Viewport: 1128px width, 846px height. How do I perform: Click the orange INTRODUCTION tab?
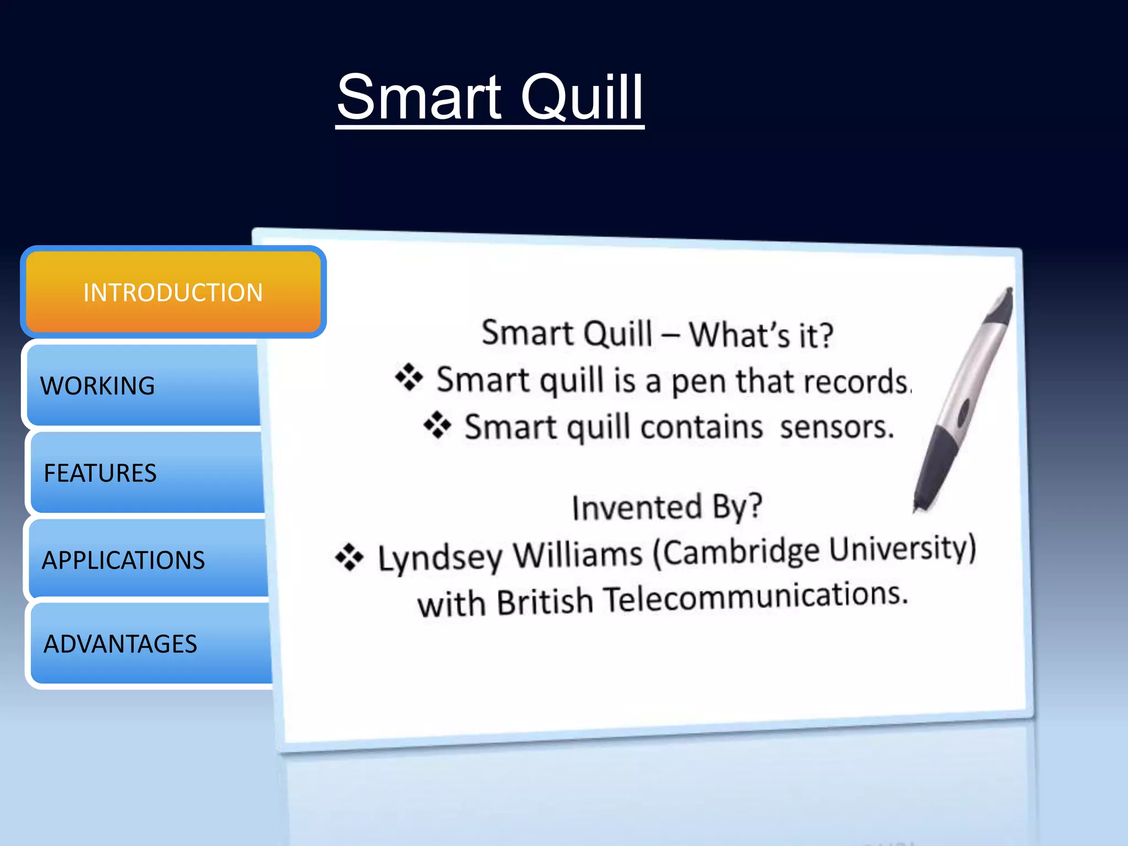(173, 292)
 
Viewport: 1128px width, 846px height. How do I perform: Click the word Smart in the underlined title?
(419, 97)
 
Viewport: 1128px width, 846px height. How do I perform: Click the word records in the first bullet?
(863, 382)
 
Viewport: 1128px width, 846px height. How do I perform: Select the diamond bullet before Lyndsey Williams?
(349, 557)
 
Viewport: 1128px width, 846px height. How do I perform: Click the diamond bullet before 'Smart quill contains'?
(437, 425)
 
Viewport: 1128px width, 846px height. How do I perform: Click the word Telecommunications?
(755, 597)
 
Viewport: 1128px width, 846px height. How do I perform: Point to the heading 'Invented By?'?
(666, 507)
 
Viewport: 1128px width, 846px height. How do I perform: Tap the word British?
(544, 601)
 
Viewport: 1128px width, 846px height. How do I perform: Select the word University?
(901, 548)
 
